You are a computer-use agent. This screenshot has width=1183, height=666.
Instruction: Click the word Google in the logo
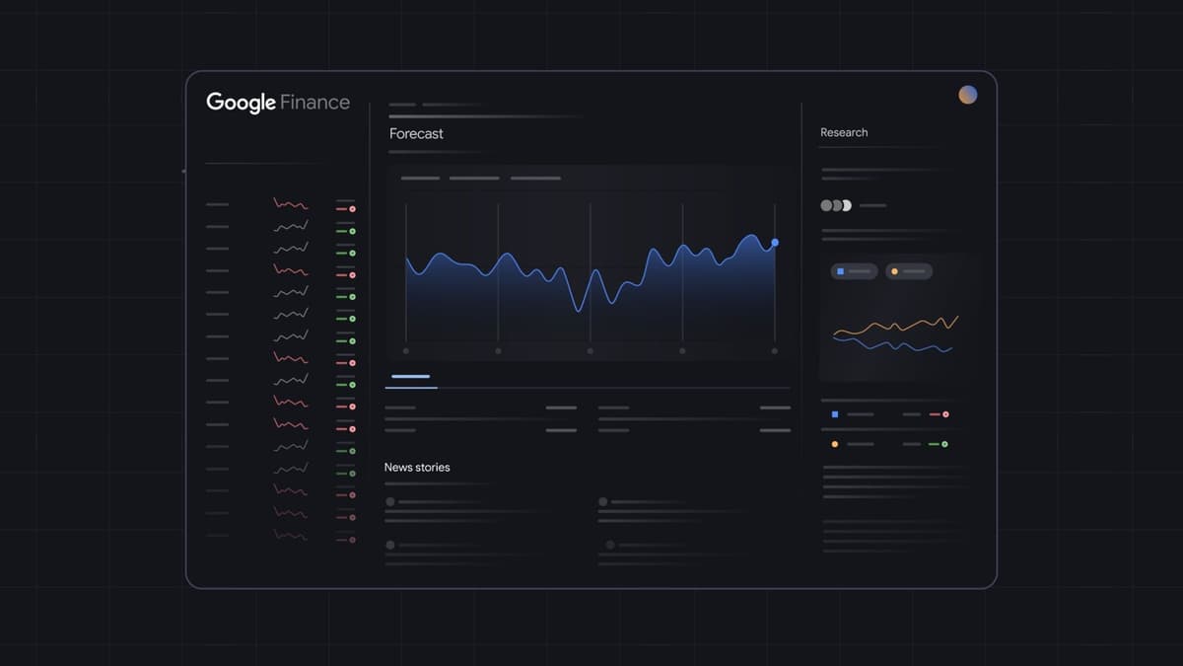click(241, 103)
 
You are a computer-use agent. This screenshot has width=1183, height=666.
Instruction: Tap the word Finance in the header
click(314, 102)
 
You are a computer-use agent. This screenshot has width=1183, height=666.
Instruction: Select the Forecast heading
click(416, 133)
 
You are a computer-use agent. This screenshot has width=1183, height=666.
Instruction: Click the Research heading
click(844, 132)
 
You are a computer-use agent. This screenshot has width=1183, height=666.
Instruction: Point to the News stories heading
click(417, 467)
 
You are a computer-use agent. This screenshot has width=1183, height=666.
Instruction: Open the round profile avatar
click(968, 95)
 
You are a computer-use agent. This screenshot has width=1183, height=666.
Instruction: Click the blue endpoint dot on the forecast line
click(775, 242)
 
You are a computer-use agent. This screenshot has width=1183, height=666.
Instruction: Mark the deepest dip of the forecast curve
click(580, 311)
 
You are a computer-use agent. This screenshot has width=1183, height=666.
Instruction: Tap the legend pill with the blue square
click(854, 270)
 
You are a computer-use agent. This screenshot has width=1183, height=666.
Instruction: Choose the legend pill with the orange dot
click(908, 270)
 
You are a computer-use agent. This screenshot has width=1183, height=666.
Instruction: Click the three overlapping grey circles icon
click(835, 205)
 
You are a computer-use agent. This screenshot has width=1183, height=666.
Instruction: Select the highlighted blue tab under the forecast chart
click(411, 376)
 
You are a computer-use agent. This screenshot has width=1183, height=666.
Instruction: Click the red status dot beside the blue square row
click(945, 414)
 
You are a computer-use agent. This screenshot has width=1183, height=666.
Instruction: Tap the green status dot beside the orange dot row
click(944, 444)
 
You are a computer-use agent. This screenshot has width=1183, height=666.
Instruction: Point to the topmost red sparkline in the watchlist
click(291, 204)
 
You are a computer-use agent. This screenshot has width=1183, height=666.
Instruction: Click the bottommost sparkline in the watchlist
click(291, 535)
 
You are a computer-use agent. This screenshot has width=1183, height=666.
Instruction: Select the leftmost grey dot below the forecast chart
click(406, 350)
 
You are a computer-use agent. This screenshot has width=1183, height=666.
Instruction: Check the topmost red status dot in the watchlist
click(352, 209)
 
